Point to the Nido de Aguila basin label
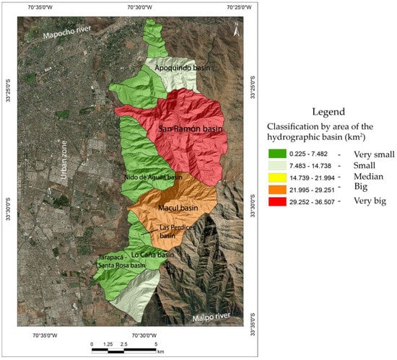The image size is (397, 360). point(152,176)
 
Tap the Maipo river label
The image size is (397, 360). point(214,316)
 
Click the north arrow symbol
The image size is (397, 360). point(235,29)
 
